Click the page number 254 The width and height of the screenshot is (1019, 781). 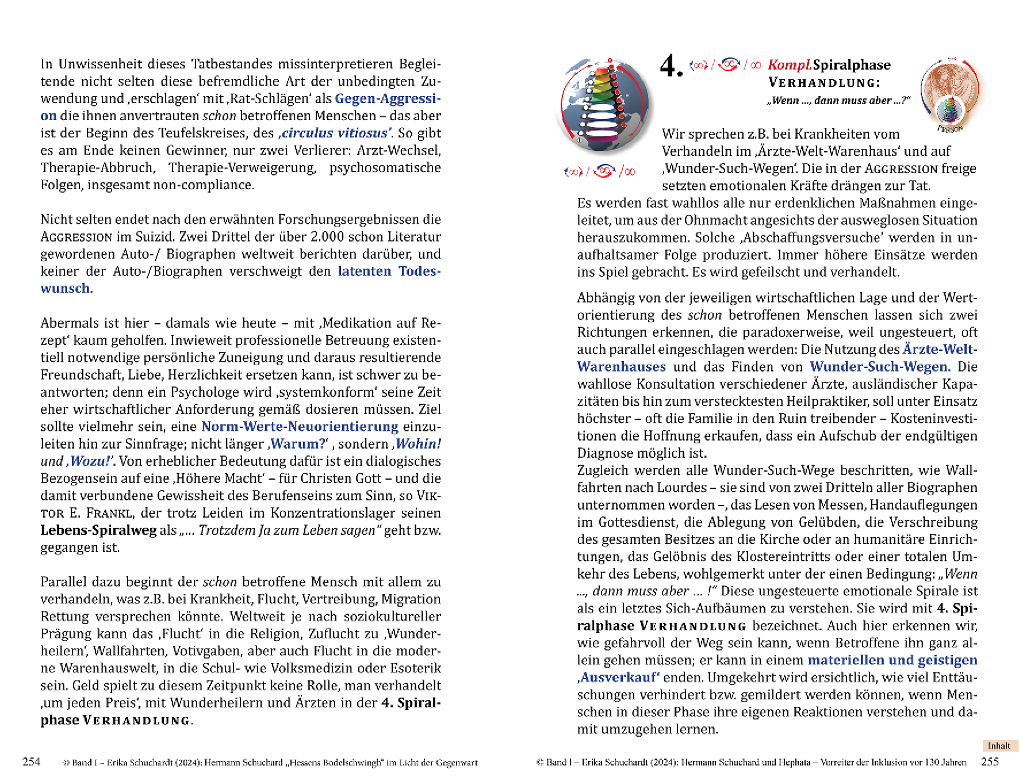pyautogui.click(x=31, y=762)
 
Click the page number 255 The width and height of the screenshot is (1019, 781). pyautogui.click(x=990, y=762)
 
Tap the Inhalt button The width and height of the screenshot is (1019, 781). pyautogui.click(x=999, y=746)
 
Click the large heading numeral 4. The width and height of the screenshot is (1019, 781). pyautogui.click(x=670, y=66)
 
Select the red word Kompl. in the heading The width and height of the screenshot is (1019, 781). pyautogui.click(x=790, y=65)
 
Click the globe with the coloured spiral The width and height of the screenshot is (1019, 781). pyautogui.click(x=604, y=105)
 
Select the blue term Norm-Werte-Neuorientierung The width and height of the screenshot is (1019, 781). pyautogui.click(x=300, y=426)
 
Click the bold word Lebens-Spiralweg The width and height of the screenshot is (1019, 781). pyautogui.click(x=98, y=530)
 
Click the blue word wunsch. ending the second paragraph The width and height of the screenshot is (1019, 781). pyautogui.click(x=66, y=288)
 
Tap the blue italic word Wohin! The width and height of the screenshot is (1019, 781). pyautogui.click(x=418, y=443)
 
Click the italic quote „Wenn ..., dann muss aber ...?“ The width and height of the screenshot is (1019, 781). pyautogui.click(x=838, y=100)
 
